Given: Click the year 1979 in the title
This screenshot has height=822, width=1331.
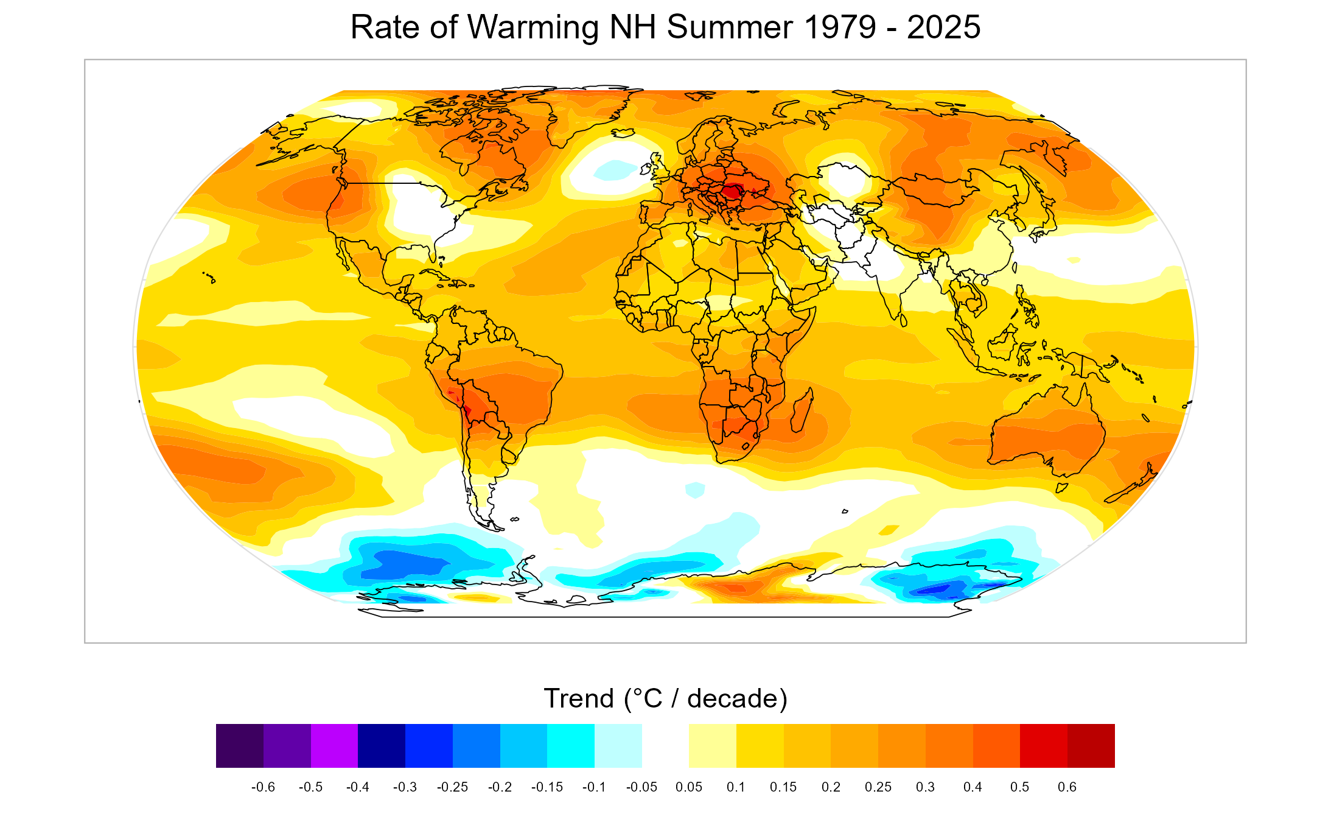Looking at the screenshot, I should pos(840,27).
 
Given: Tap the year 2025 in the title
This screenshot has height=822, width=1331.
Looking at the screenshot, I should pos(943,27).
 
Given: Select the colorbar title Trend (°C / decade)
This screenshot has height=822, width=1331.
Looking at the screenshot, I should pos(665,698).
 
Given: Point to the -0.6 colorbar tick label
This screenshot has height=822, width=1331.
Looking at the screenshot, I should pos(263,787).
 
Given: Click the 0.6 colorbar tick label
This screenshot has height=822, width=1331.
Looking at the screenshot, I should pos(1067,787).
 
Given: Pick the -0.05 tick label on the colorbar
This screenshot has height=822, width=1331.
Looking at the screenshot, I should pos(641,787).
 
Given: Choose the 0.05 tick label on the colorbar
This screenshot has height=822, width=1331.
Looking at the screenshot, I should pos(689,787).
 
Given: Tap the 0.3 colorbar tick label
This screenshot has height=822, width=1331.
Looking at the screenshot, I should pos(925,787).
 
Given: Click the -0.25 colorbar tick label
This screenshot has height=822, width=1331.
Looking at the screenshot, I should pos(452,787).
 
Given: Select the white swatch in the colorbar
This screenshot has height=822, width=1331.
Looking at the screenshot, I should pos(665,746).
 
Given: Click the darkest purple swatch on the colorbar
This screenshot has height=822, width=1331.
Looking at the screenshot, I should pos(240,746).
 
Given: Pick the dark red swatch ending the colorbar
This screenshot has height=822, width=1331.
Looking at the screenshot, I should pos(1091,746).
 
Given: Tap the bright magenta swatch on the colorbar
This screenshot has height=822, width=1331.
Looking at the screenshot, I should pos(334,746).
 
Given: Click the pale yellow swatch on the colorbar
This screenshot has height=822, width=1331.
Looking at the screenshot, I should pos(712,746).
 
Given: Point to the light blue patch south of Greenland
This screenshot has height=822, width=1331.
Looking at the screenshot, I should pos(615,169).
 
